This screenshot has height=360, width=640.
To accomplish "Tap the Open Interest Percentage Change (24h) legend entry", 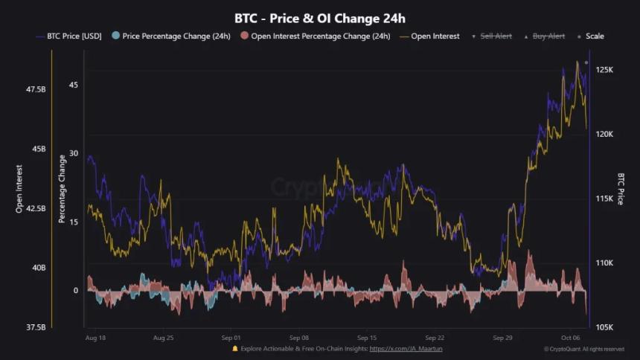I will point(315,36).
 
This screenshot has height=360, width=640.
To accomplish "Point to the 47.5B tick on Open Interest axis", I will point(36,89).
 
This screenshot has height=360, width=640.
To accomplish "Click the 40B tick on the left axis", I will point(37,268).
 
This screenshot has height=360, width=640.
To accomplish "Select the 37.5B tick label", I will point(36,327).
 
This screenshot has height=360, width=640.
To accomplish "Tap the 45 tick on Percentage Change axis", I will point(73,85).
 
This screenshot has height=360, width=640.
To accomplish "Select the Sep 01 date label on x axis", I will point(231,338).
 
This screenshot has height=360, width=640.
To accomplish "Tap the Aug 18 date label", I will point(95,338).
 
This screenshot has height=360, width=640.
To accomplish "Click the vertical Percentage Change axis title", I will point(63,189).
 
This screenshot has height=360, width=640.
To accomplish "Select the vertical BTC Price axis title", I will point(621,189).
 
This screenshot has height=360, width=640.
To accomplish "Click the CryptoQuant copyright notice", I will point(583,349).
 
